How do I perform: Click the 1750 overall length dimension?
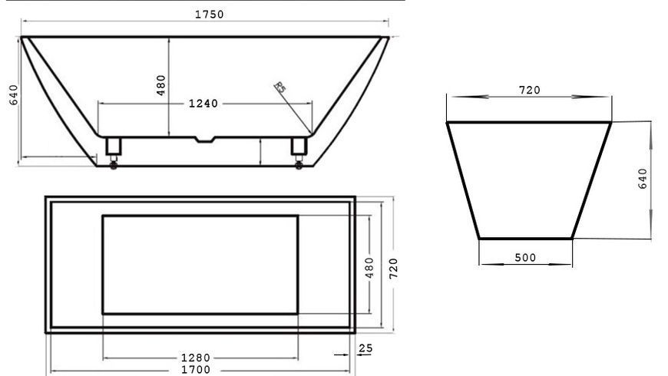pyautogui.click(x=209, y=15)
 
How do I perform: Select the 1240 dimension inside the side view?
pyautogui.click(x=203, y=104)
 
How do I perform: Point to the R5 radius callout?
pyautogui.click(x=280, y=87)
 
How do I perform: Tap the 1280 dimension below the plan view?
pyautogui.click(x=196, y=358)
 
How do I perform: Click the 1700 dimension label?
pyautogui.click(x=196, y=370)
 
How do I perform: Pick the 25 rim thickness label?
pyautogui.click(x=365, y=348)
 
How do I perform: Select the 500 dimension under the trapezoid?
pyautogui.click(x=525, y=258)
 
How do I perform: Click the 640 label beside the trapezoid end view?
pyautogui.click(x=643, y=179)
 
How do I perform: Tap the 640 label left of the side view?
pyautogui.click(x=14, y=95)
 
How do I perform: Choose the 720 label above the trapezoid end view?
pyautogui.click(x=530, y=91)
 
